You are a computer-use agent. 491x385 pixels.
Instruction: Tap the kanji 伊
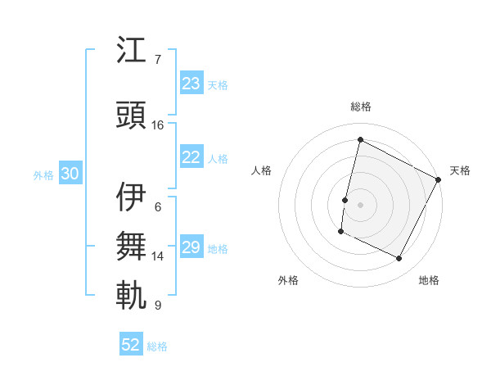[132, 197]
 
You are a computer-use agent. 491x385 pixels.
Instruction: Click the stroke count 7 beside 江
[158, 60]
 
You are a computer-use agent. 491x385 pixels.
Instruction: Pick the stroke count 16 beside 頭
[158, 125]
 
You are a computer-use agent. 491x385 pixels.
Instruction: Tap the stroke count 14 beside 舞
[158, 256]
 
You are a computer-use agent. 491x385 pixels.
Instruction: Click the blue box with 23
[191, 84]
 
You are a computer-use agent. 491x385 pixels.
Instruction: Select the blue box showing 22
[191, 158]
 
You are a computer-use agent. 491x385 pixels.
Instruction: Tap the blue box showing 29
[191, 247]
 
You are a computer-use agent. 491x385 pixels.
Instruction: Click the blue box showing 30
[70, 174]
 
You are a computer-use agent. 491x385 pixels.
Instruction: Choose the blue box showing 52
[131, 346]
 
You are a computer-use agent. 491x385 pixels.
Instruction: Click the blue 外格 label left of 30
[43, 174]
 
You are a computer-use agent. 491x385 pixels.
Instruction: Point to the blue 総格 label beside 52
[157, 346]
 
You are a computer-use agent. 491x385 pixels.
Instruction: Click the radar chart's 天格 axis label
[460, 170]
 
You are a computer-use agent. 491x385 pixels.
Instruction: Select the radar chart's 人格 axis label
[261, 170]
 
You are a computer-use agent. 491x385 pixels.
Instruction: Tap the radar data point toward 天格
[439, 179]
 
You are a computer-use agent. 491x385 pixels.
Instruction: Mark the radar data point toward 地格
[399, 259]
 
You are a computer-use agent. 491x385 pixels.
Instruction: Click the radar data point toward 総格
[360, 140]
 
